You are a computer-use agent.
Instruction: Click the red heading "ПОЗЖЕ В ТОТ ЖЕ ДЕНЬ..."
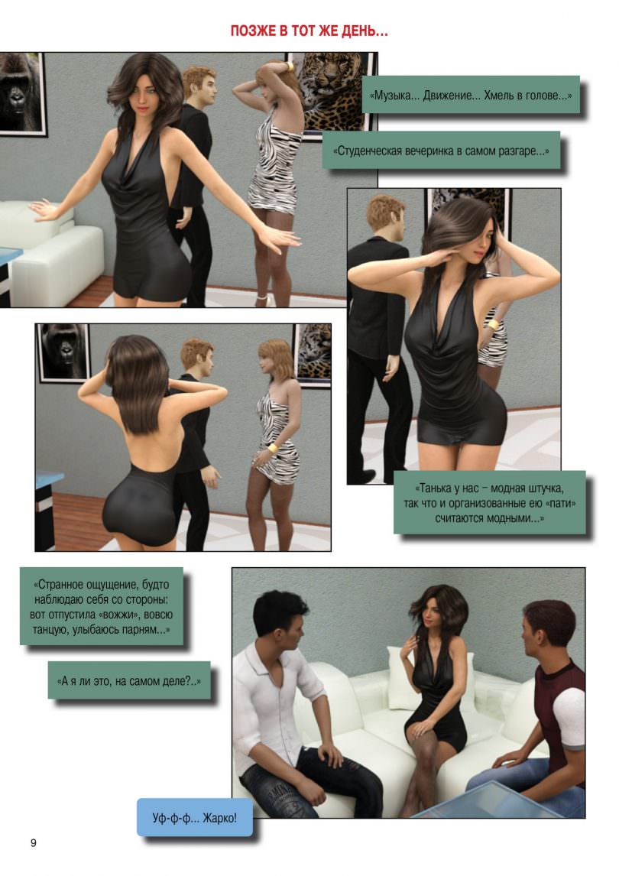coord(309,31)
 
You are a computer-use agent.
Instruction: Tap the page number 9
coord(34,842)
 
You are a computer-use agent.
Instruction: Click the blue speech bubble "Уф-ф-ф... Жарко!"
coord(194,818)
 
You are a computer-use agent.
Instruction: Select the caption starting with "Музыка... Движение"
coord(471,95)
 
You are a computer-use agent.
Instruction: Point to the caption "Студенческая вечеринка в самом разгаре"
coord(441,151)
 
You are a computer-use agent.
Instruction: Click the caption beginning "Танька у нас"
coord(489,503)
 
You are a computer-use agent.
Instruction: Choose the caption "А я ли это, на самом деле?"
coord(129,680)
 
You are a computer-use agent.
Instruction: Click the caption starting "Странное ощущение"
coord(101,607)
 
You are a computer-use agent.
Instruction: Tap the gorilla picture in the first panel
coord(21,93)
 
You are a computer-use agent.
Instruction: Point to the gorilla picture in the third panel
coord(63,352)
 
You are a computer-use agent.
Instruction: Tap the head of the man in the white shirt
coord(280,618)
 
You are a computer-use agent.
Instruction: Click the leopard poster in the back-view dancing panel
coord(313,354)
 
